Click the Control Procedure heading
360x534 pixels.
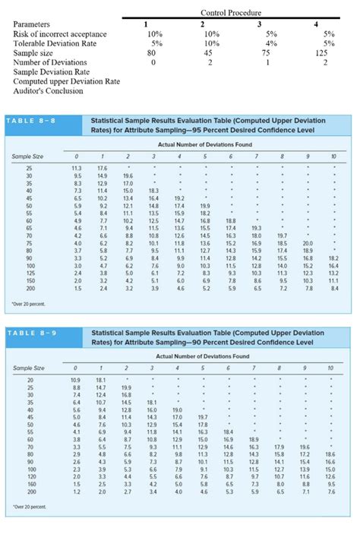[230, 13]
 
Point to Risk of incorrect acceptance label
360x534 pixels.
[59, 34]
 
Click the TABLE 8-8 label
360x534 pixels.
[34, 120]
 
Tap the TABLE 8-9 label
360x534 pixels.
[34, 333]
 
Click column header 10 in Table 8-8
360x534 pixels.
[333, 155]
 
